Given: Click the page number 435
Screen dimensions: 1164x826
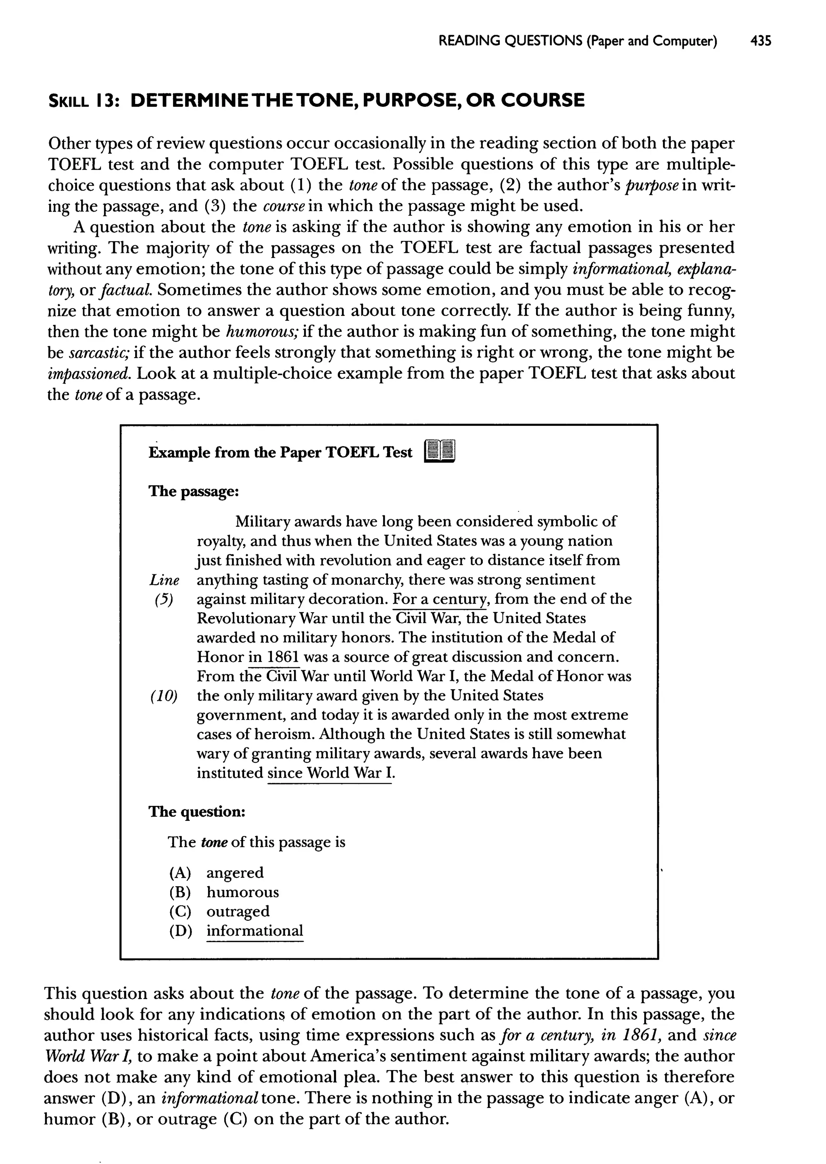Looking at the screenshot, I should click(x=760, y=41).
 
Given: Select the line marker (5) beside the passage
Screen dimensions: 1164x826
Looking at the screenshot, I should click(x=164, y=600).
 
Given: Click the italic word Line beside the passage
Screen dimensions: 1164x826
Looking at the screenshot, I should click(x=164, y=580).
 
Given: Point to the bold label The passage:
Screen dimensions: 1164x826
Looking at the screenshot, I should click(x=193, y=491).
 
